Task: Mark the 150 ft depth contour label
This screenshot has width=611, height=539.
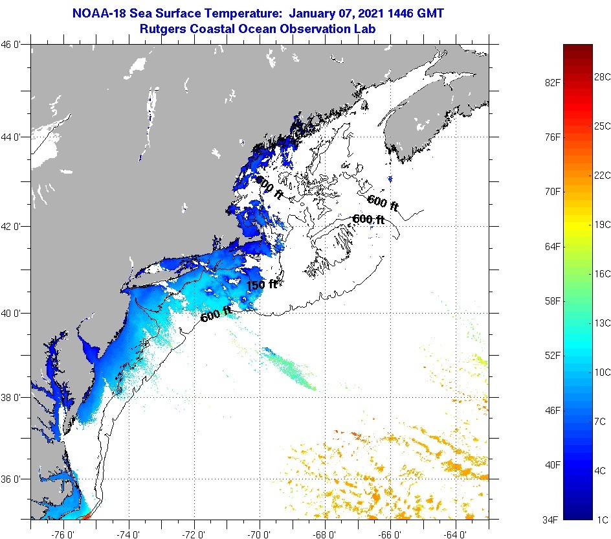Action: pyautogui.click(x=261, y=284)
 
